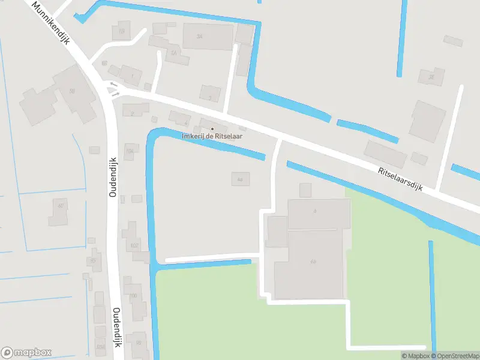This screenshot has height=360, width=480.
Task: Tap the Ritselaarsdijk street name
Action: (x=401, y=179)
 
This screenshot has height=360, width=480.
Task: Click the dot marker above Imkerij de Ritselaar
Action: (x=212, y=129)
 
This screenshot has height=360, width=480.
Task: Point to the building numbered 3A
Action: (x=207, y=37)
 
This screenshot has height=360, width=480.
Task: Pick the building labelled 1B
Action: (x=122, y=31)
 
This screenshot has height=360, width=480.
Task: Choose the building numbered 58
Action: (x=72, y=91)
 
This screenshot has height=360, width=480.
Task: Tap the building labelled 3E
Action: (x=431, y=76)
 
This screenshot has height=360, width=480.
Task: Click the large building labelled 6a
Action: (x=313, y=262)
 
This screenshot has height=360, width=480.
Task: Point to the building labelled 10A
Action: (x=130, y=149)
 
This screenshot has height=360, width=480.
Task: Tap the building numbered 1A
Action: (x=174, y=53)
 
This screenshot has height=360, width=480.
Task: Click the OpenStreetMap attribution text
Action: (x=455, y=356)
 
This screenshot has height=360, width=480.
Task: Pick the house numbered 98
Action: (x=138, y=343)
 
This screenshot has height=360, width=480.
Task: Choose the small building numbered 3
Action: (x=210, y=97)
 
